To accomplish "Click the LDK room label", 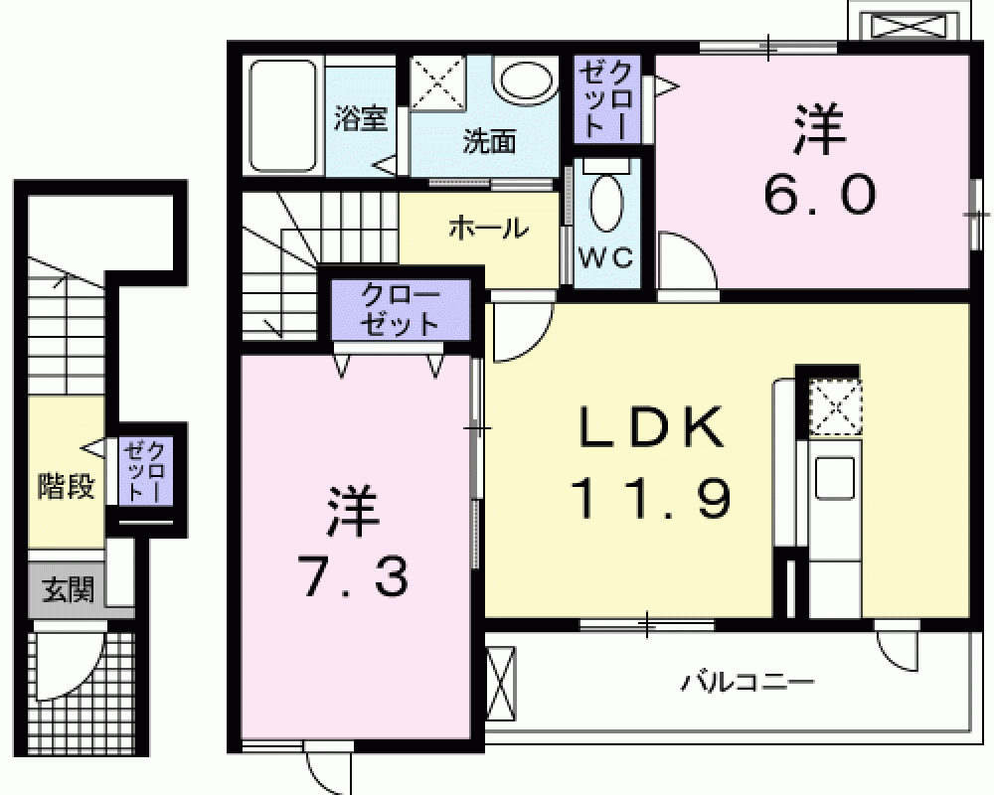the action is tap(652, 426).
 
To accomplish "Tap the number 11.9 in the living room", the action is tap(652, 498).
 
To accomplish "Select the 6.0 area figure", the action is tap(820, 195).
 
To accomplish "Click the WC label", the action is tap(605, 257).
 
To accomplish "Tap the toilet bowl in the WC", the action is tap(606, 203).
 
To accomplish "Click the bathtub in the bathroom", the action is tap(282, 115).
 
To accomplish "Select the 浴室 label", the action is tap(360, 118).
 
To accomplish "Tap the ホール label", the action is tap(488, 229).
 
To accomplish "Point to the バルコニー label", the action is tap(747, 682).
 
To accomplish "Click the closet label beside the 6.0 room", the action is tap(605, 100).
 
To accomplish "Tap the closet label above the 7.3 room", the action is tap(400, 311).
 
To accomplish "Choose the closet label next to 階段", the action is tap(145, 472).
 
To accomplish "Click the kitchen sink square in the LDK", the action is tap(834, 478).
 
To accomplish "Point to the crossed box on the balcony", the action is tap(501, 684).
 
